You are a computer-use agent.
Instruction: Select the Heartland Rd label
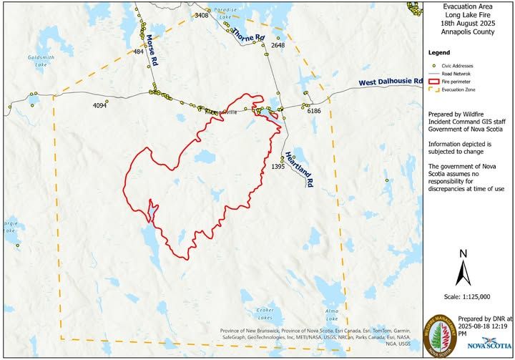tap(299, 169)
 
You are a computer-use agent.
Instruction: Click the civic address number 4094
tap(99, 106)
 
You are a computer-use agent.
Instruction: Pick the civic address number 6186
tap(314, 112)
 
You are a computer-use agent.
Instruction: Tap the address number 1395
tap(278, 167)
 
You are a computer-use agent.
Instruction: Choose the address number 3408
tap(202, 15)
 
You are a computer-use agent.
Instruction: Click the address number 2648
tap(278, 45)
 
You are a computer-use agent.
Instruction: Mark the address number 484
tap(139, 52)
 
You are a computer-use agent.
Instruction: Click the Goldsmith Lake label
tap(36, 59)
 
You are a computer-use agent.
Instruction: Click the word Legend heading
tap(438, 53)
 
